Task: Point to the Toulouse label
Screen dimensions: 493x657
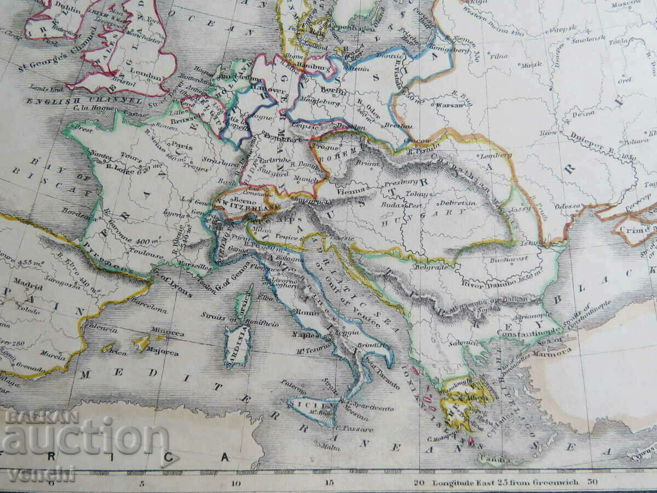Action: pyautogui.click(x=147, y=255)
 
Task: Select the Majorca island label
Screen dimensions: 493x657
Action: pyautogui.click(x=161, y=353)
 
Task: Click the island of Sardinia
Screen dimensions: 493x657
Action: pyautogui.click(x=238, y=345)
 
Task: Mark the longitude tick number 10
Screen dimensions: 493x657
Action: pyautogui.click(x=236, y=483)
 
